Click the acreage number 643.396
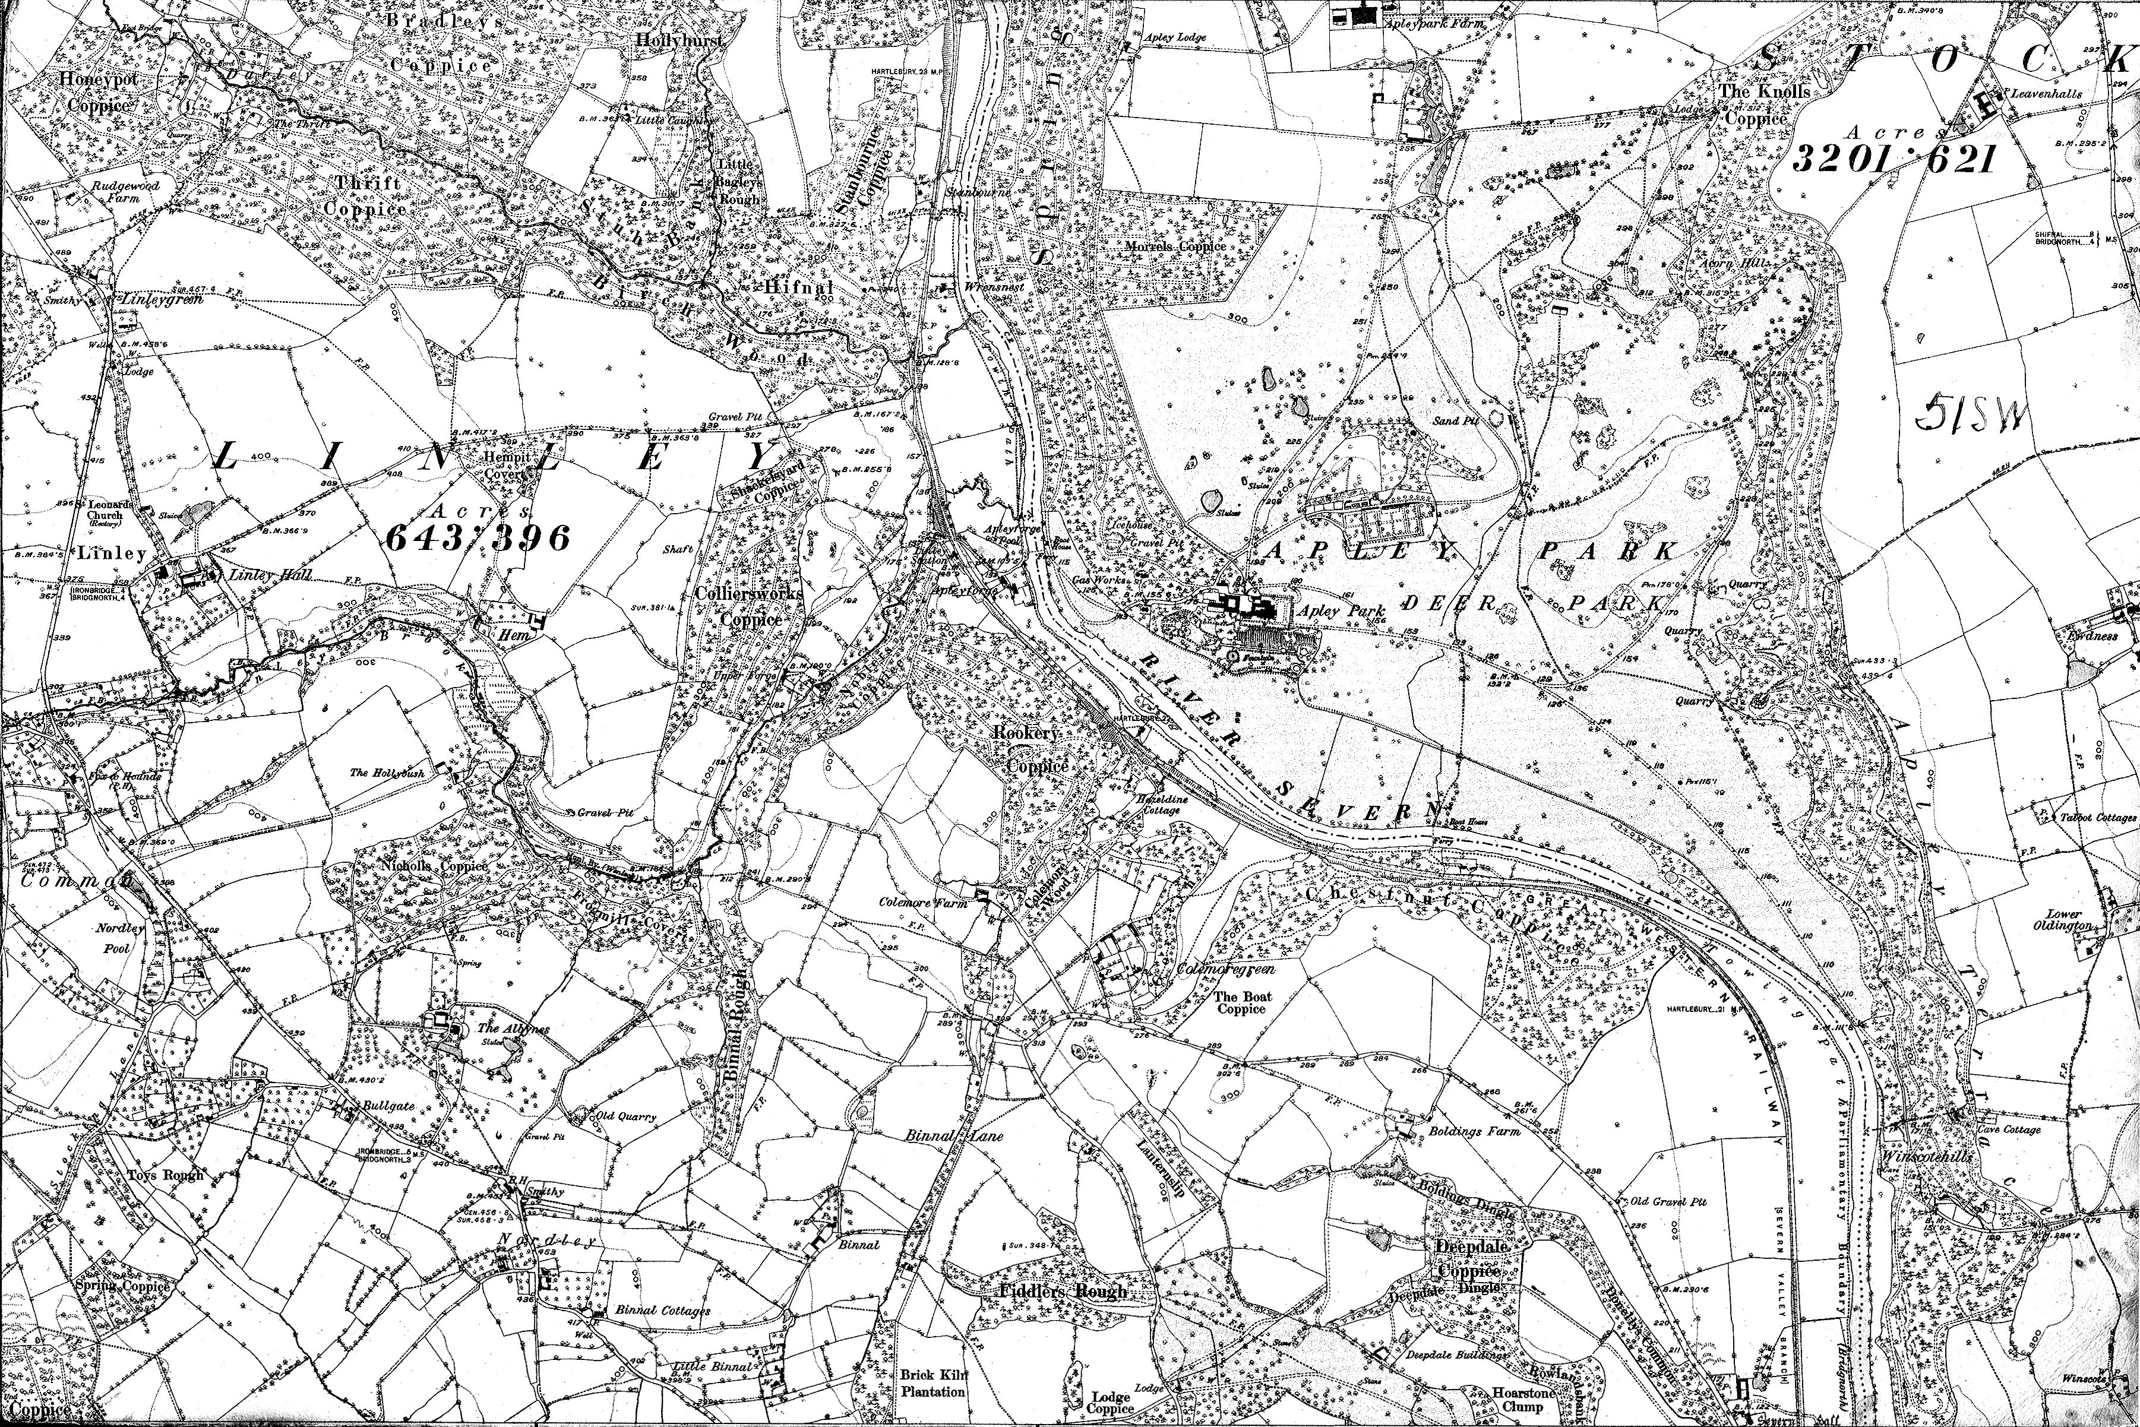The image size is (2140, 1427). [478, 539]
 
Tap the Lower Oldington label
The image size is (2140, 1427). [2063, 920]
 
